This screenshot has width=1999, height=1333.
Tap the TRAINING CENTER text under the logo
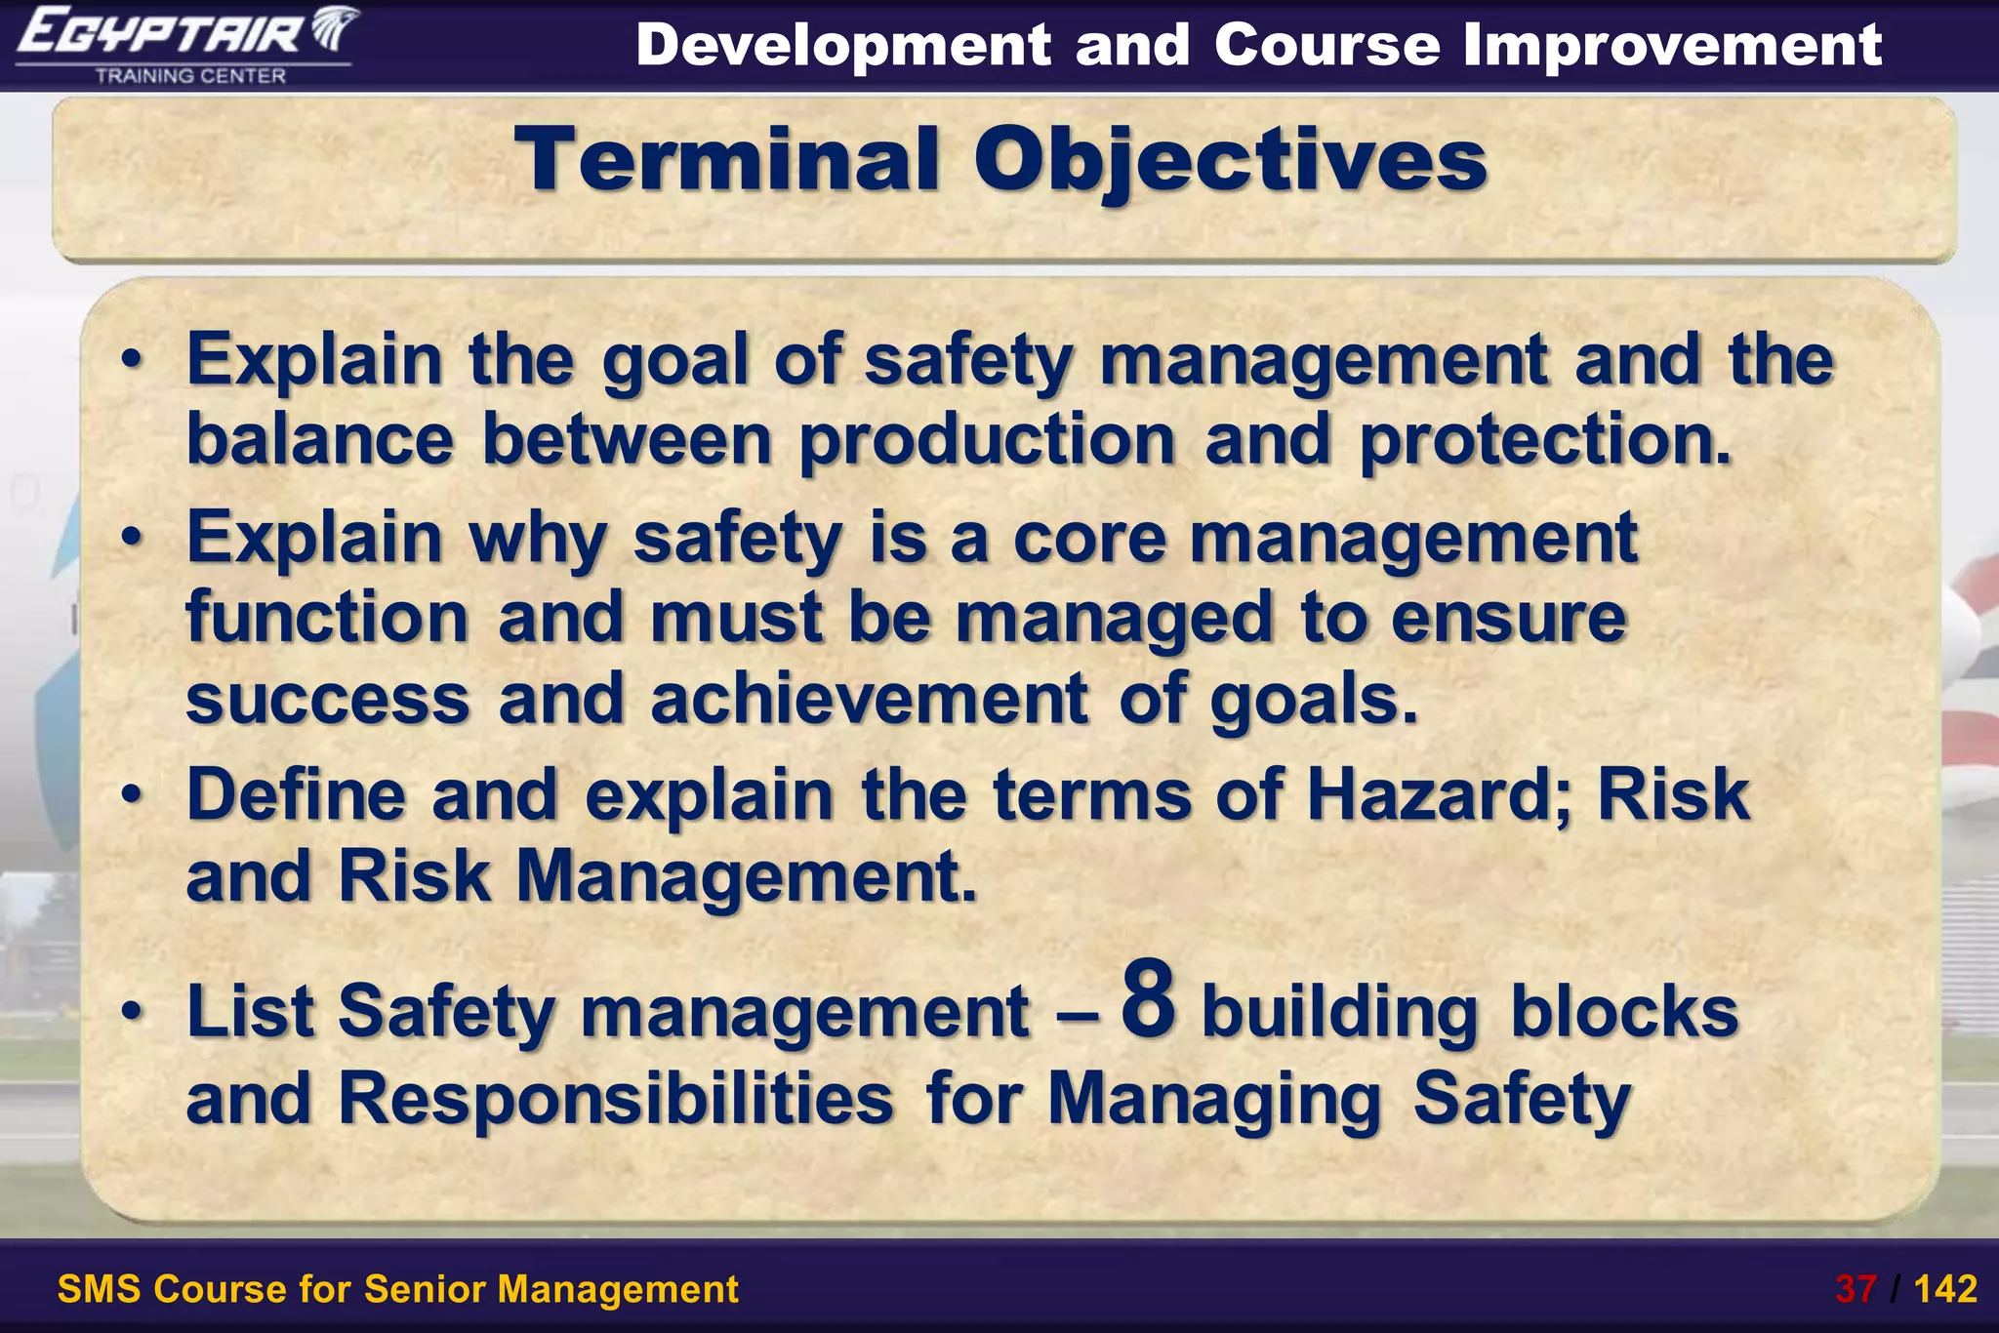pyautogui.click(x=190, y=76)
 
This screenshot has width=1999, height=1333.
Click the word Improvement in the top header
pyautogui.click(x=1672, y=45)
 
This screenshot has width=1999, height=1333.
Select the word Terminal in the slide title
pyautogui.click(x=727, y=161)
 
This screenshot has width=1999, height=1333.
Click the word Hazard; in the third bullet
pyautogui.click(x=1439, y=794)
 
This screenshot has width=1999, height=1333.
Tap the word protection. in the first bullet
pyautogui.click(x=1545, y=440)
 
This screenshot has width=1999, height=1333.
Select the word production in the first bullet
pyautogui.click(x=987, y=440)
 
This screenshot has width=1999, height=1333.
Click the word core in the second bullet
pyautogui.click(x=1089, y=538)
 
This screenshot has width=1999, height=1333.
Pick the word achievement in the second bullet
pyautogui.click(x=869, y=699)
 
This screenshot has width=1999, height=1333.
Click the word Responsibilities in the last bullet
pyautogui.click(x=615, y=1099)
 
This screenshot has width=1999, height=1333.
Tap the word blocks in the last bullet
pyautogui.click(x=1624, y=1011)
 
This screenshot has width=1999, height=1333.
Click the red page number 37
pyautogui.click(x=1856, y=1289)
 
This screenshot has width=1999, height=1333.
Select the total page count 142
pyautogui.click(x=1945, y=1289)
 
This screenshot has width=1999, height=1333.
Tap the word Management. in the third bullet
pyautogui.click(x=746, y=876)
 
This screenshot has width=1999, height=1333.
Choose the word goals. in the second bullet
pyautogui.click(x=1314, y=699)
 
